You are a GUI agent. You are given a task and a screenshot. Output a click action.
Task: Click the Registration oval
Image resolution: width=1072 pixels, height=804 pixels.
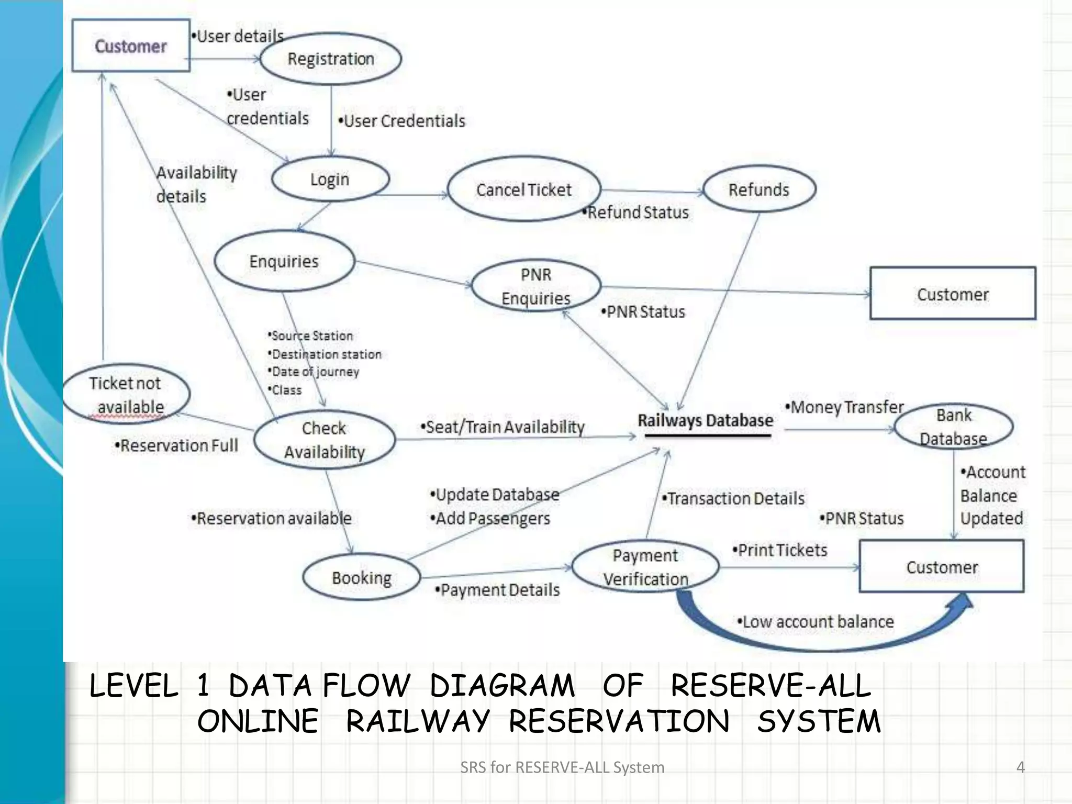point(331,59)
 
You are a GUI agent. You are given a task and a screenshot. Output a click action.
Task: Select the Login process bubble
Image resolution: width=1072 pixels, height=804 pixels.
point(330,179)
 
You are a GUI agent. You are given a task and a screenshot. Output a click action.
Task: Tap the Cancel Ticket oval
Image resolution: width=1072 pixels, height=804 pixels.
point(524,189)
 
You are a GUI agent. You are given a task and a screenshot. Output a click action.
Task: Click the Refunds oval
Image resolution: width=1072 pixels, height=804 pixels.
point(759,189)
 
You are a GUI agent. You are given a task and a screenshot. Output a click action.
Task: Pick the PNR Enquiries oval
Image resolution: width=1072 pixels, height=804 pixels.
point(536,286)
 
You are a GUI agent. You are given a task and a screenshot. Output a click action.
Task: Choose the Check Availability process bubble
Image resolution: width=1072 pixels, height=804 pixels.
point(325,440)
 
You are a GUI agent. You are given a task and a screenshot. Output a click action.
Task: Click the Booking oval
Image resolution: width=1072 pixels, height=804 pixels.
point(362,577)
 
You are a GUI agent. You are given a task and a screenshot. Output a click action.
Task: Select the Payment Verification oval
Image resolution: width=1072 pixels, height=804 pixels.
point(645,567)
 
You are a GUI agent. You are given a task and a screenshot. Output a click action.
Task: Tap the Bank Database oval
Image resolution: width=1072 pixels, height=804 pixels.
point(954,427)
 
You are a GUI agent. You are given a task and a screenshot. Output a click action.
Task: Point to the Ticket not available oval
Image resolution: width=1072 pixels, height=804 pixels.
point(126,395)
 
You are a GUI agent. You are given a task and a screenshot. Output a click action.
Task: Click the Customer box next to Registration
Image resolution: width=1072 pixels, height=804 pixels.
point(131,46)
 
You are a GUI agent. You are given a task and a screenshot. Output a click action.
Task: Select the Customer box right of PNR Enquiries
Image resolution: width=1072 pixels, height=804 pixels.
point(953,294)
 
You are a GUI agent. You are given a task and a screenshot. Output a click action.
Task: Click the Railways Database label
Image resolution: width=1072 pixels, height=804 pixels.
point(706,421)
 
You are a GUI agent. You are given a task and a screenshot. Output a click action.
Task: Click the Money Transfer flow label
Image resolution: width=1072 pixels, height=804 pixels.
point(845,407)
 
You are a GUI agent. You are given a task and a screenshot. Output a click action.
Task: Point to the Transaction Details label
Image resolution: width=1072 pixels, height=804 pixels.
point(733,498)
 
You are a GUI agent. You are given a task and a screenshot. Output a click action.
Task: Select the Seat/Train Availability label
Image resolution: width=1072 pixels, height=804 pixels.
point(502,427)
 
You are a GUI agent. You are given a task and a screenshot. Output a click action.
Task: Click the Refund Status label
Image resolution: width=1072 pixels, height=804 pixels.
point(636,213)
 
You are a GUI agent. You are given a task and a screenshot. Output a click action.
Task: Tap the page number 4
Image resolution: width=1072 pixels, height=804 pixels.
point(1020,767)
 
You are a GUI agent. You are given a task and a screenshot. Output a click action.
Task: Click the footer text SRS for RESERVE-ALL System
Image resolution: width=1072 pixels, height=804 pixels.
point(562,767)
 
